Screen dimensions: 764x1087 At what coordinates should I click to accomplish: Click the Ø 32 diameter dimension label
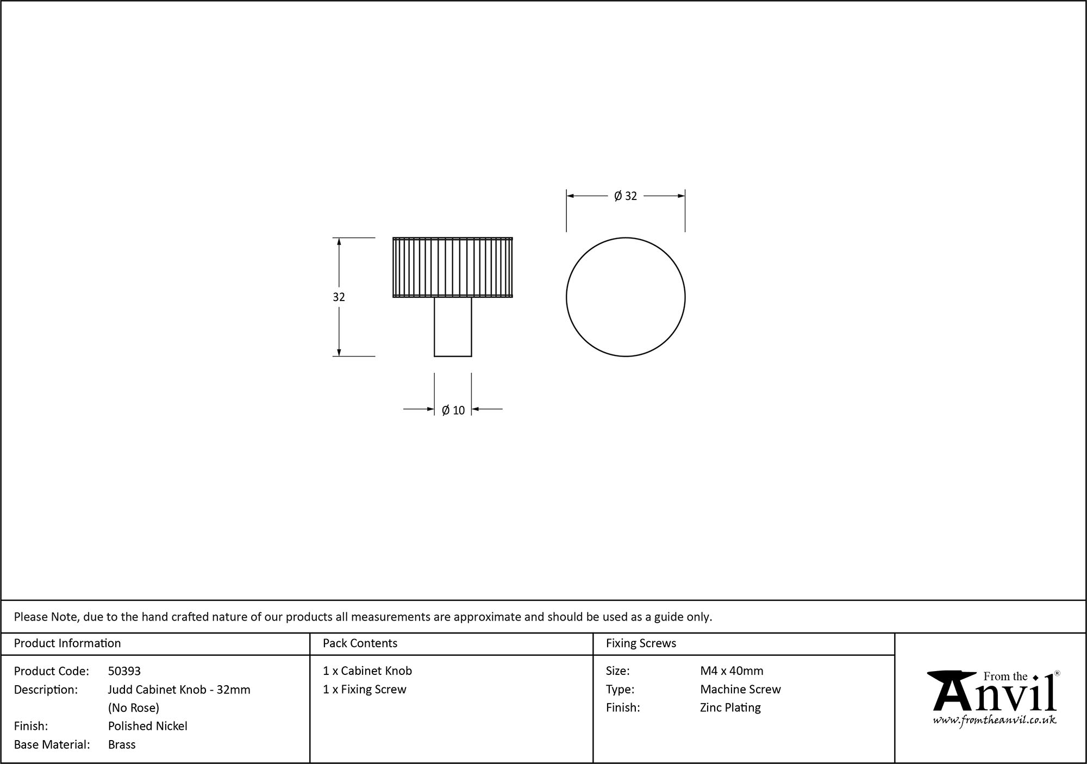[625, 196]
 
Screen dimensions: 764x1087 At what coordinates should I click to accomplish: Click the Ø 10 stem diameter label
[453, 410]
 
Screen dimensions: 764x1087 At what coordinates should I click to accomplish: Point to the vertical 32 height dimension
[339, 297]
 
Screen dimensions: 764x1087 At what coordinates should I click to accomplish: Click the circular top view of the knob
[626, 297]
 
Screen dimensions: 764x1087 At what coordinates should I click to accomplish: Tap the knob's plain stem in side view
[453, 327]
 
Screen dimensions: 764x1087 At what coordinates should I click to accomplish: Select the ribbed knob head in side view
[453, 267]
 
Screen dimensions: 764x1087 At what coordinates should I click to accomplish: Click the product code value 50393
[124, 671]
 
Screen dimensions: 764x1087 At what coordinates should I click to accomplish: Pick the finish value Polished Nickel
[148, 726]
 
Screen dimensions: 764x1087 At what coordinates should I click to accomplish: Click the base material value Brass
[122, 744]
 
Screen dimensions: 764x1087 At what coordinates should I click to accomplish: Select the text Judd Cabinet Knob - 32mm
[179, 690]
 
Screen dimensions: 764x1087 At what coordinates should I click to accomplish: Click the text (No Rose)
[134, 707]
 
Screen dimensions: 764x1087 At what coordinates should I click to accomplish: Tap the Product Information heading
[67, 643]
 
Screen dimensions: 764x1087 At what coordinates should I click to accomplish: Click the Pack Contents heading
[360, 643]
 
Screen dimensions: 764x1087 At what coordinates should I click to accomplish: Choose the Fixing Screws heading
[641, 643]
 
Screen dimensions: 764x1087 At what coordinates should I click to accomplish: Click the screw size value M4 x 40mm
[732, 671]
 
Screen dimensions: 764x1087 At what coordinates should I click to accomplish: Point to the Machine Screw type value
[740, 690]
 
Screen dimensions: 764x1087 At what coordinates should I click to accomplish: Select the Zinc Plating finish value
[730, 707]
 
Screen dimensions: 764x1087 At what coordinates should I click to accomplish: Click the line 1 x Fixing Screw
[365, 690]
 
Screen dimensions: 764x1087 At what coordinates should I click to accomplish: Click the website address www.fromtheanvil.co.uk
[995, 720]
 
